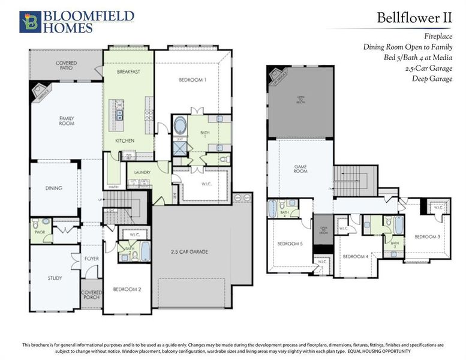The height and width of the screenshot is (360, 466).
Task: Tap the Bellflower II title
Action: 414,17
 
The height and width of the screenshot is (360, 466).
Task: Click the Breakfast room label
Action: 128,72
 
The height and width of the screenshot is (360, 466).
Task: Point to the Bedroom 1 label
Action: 193,80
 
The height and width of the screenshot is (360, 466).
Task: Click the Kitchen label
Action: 125,140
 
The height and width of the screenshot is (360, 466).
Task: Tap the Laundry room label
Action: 142,172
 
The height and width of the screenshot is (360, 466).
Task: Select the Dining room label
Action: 53,188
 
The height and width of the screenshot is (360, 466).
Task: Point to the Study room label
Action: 55,278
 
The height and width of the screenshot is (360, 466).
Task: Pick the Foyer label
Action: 91,259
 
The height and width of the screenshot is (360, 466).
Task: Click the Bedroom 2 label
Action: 127,289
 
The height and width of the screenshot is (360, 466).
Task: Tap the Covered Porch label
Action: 92,295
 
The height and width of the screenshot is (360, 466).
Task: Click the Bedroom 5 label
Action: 289,244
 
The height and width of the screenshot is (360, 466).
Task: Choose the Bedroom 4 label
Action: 355,256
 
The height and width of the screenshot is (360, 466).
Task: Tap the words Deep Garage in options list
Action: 432,79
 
